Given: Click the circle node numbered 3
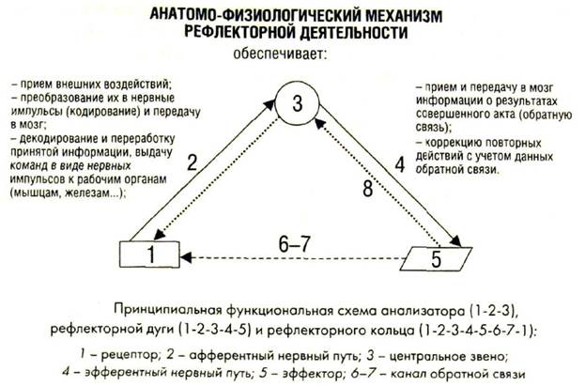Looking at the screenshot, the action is pos(297,106).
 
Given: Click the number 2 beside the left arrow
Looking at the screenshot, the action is pos(192,162).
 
